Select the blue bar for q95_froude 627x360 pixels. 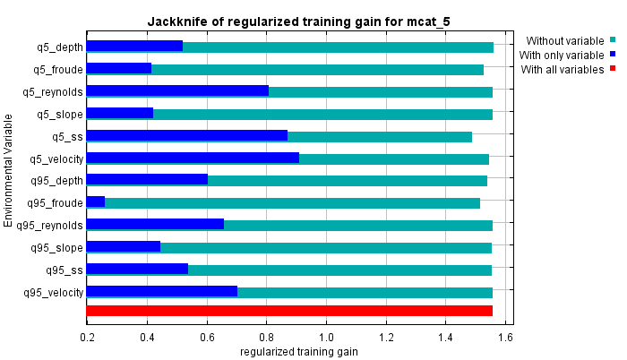[x=96, y=202]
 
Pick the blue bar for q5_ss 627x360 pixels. [x=187, y=136]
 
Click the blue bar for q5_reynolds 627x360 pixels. [x=177, y=91]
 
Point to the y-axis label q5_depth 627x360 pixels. [x=58, y=47]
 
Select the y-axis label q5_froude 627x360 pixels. [x=58, y=69]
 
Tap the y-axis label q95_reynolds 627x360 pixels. [x=52, y=225]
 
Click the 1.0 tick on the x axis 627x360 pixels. [x=327, y=338]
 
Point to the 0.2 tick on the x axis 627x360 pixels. [x=87, y=338]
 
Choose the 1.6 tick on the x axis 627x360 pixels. [x=506, y=338]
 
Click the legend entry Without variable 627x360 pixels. [x=565, y=40]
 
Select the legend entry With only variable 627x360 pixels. [x=563, y=55]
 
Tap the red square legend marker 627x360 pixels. [x=614, y=69]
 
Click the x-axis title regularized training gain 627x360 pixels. [x=299, y=352]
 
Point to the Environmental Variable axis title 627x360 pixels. [x=8, y=169]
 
